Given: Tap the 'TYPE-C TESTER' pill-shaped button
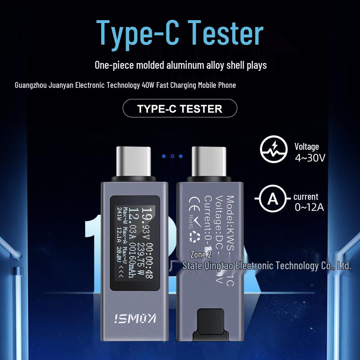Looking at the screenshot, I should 180,108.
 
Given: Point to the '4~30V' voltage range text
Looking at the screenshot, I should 310,158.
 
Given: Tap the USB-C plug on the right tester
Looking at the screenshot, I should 210,162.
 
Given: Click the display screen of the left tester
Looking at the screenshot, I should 135,239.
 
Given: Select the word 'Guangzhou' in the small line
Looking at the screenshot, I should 30,85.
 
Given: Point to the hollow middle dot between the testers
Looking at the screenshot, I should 172,156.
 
